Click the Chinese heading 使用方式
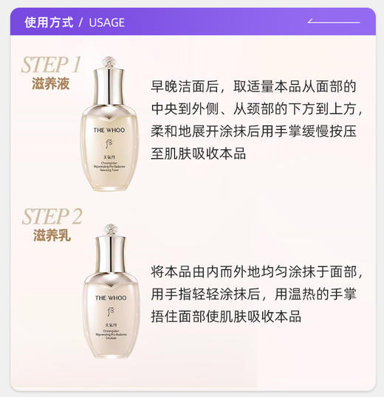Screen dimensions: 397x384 [49, 22]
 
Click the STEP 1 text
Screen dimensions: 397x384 [51, 64]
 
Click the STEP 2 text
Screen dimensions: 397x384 [52, 216]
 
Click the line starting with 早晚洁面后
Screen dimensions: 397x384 [254, 87]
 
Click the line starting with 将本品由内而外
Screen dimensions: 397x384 [256, 272]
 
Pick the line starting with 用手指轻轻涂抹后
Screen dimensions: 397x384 [254, 294]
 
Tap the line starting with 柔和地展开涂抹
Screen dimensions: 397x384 [254, 131]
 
